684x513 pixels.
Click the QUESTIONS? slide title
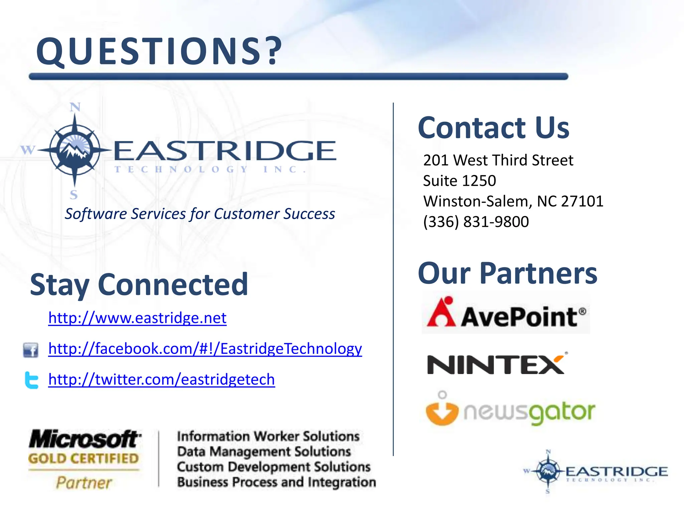tap(159, 51)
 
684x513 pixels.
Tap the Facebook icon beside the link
tap(30, 350)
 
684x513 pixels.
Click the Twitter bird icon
tap(32, 380)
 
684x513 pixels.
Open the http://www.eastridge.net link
tap(137, 318)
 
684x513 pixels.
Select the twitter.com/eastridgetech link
tap(162, 379)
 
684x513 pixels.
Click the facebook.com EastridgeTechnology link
tap(205, 349)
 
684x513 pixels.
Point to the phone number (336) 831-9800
tap(476, 222)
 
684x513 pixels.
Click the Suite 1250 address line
tap(459, 181)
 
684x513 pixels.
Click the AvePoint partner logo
tap(506, 313)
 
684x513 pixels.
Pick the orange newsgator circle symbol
tap(442, 412)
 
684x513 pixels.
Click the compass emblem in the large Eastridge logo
tap(74, 150)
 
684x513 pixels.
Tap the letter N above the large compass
tap(75, 107)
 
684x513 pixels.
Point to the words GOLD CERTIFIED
tap(83, 458)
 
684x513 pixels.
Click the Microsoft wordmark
tap(85, 439)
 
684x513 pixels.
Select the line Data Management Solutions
tap(264, 452)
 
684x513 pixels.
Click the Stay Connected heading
tap(139, 285)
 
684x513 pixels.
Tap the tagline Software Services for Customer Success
tap(200, 214)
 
